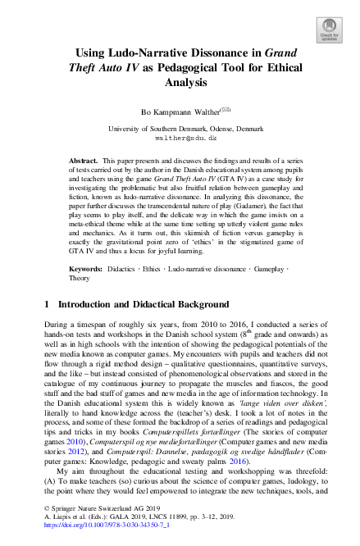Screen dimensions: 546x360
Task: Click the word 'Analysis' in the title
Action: pyautogui.click(x=180, y=83)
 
